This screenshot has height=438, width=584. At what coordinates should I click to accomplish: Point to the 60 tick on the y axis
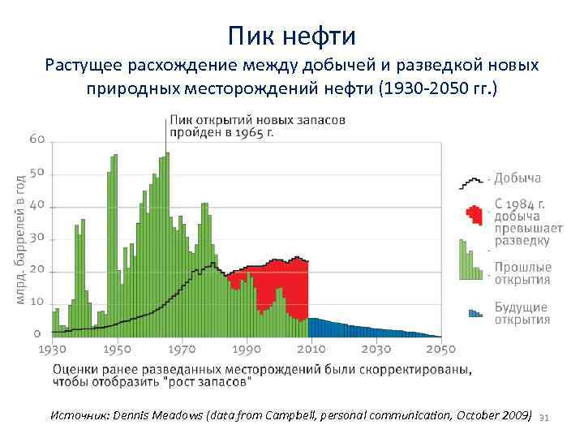tap(37, 140)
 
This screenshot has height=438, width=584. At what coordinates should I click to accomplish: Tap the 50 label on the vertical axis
tap(37, 173)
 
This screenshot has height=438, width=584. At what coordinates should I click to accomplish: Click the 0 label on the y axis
tap(37, 333)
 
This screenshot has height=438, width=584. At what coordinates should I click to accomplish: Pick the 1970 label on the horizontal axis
tap(182, 350)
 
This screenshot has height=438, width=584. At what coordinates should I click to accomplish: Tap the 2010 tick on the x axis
tap(311, 350)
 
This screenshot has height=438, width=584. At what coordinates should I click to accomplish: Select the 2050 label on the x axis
tap(440, 350)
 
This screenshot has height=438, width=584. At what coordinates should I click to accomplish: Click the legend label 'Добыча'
tap(517, 178)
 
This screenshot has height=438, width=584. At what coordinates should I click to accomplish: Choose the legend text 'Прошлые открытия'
tap(522, 273)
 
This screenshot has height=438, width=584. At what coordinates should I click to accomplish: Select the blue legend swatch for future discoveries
tap(474, 312)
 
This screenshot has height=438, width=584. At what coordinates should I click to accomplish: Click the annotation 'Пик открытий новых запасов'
tap(256, 120)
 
